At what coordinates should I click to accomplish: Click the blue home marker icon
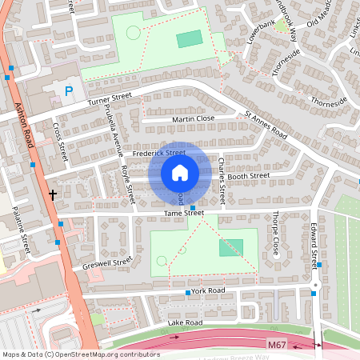pos(180,172)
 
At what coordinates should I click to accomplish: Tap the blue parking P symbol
pos(69,92)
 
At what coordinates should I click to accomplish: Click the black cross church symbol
pos(53,194)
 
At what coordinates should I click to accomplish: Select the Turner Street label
pos(110,100)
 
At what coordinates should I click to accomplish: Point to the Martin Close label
pos(193,119)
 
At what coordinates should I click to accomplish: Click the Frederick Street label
pos(159,152)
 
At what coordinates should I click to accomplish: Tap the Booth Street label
pos(249,176)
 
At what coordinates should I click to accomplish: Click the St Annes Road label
pos(266,126)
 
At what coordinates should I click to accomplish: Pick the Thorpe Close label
pos(275,228)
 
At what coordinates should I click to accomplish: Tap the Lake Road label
pos(185,322)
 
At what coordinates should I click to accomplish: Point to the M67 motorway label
pos(277,342)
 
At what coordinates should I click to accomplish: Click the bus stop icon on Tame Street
pos(193,207)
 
